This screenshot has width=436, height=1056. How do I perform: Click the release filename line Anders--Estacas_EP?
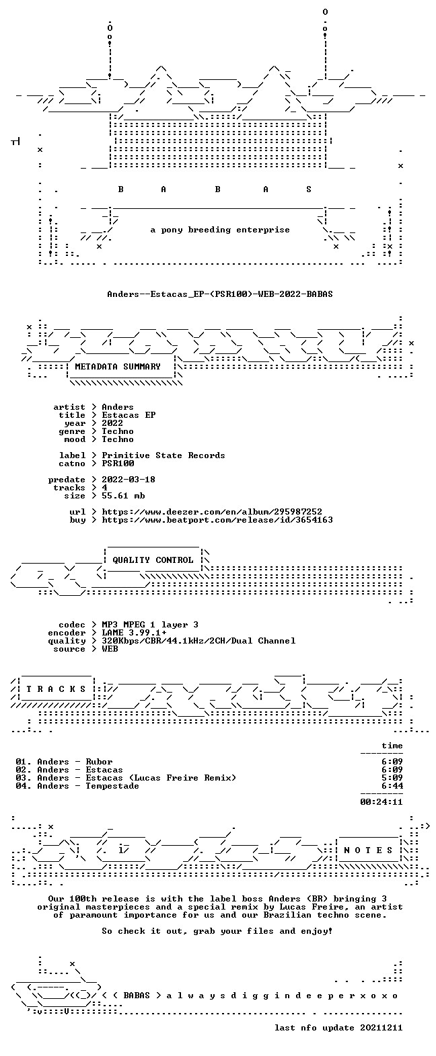click(219, 294)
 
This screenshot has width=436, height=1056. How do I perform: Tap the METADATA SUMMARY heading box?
click(118, 367)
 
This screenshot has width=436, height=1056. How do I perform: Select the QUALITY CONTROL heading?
click(153, 560)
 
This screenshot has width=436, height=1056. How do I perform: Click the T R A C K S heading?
click(57, 689)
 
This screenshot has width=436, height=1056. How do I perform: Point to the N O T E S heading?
click(368, 851)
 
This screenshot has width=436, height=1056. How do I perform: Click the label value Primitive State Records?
click(163, 455)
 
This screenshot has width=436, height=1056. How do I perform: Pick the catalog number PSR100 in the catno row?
click(118, 464)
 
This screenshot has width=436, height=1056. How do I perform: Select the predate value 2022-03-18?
click(129, 480)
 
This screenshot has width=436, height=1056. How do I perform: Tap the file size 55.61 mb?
click(123, 496)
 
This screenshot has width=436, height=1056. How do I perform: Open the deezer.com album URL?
click(212, 512)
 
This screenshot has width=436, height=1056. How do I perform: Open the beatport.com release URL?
click(217, 520)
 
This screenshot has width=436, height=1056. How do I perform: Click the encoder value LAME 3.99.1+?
click(134, 633)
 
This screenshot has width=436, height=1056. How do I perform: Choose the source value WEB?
click(110, 649)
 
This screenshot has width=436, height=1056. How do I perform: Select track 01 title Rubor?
click(99, 762)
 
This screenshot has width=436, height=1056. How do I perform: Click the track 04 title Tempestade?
click(112, 786)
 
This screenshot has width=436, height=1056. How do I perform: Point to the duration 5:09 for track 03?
click(392, 778)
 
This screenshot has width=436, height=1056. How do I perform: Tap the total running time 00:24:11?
click(381, 802)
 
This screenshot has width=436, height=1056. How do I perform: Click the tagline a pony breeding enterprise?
click(220, 230)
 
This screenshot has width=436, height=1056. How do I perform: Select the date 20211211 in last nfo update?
click(381, 1028)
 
